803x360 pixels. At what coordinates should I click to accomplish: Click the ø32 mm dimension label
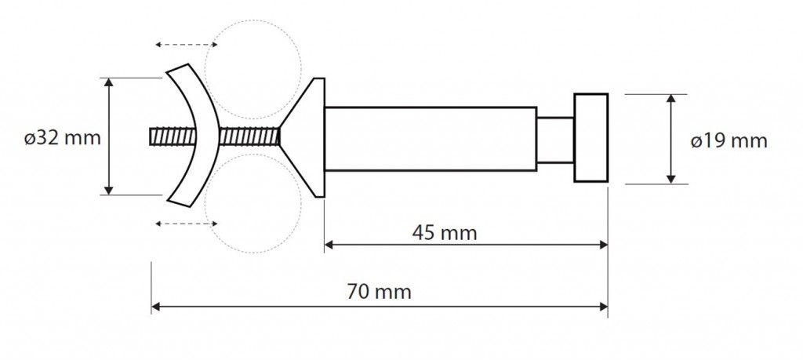(x=63, y=138)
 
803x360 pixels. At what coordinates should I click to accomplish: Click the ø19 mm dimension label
(x=729, y=141)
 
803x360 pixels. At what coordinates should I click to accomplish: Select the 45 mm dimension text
(x=445, y=233)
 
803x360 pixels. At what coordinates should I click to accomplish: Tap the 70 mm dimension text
(x=379, y=292)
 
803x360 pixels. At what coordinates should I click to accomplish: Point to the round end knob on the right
(x=591, y=138)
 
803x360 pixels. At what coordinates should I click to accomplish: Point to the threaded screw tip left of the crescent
(x=173, y=136)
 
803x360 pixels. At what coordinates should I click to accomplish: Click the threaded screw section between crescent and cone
(x=249, y=136)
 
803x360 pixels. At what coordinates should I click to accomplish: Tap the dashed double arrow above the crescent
(x=187, y=45)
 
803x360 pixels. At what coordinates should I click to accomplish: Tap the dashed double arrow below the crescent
(x=187, y=224)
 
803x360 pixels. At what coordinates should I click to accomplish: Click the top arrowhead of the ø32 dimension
(x=108, y=83)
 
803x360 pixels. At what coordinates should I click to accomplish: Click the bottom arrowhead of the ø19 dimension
(x=671, y=178)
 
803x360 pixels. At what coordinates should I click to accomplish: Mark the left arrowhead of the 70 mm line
(x=157, y=306)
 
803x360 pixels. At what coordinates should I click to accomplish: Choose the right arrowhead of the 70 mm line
(x=603, y=306)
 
